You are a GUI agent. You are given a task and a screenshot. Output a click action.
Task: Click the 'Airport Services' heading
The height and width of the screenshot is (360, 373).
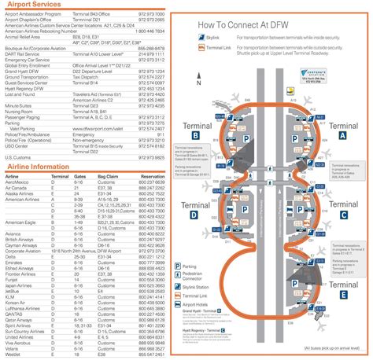[x=39, y=6]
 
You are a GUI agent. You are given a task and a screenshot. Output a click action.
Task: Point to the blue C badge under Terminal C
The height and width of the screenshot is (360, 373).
[x=343, y=214]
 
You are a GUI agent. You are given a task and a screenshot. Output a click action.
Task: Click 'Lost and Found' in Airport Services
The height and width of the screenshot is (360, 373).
[x=23, y=94]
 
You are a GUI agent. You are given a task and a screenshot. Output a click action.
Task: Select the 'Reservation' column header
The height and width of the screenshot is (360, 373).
[x=150, y=178]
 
